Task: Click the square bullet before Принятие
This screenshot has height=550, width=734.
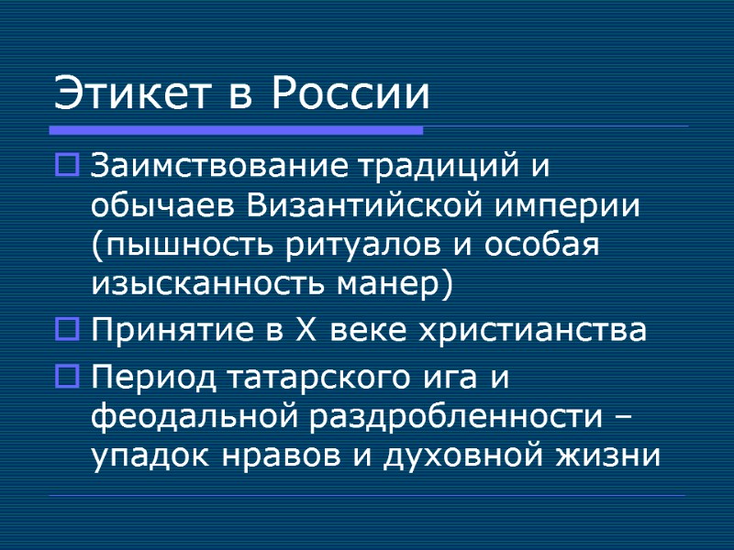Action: (x=69, y=328)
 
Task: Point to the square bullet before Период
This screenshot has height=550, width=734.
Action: (x=69, y=376)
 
